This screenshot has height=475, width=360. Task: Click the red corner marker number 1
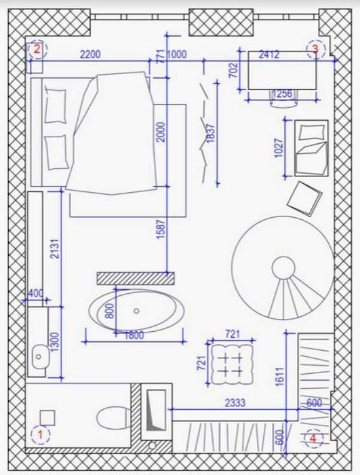click(x=40, y=435)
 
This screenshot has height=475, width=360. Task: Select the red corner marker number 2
click(x=37, y=49)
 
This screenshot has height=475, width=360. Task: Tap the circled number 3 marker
click(x=315, y=49)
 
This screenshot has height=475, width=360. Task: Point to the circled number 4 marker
click(x=313, y=438)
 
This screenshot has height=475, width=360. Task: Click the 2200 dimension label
click(x=90, y=54)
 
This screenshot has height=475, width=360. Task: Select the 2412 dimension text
click(x=269, y=55)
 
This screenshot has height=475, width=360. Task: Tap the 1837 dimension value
click(x=210, y=134)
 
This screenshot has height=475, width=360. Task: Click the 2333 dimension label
click(x=235, y=403)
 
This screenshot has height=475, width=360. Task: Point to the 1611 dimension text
click(x=279, y=377)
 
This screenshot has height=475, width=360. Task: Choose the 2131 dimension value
click(x=56, y=249)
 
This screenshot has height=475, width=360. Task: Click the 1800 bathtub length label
click(x=134, y=335)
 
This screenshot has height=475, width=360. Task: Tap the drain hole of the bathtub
click(x=136, y=311)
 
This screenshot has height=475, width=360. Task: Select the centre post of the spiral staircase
click(x=283, y=268)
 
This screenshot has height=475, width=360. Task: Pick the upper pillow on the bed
click(x=56, y=106)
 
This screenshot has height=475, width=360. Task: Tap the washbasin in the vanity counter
click(x=40, y=356)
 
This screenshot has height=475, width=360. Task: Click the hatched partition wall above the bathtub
click(x=136, y=278)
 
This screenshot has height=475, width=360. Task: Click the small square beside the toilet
click(x=47, y=418)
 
